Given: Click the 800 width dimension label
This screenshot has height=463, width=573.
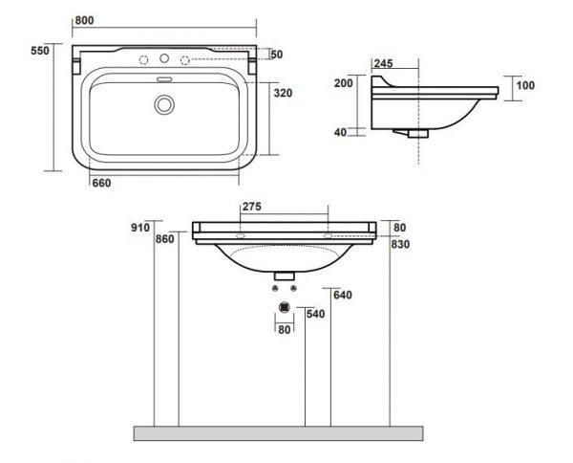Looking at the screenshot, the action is pos(84,20).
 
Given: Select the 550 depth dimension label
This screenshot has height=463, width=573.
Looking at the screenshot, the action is pos(40,51).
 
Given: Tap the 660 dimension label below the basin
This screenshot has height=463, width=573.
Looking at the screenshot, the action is pos(101,183).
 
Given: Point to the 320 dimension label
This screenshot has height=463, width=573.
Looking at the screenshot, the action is pos(284,93).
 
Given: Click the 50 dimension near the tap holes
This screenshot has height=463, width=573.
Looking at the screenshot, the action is pos(277,55).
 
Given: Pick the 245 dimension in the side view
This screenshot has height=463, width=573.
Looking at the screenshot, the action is pos(383,64).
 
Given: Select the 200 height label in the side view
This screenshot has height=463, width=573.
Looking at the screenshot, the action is pos(344,83).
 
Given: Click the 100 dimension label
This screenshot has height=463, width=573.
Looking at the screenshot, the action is pos(525,85).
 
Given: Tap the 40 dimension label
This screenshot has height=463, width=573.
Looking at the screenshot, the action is pos(340,132).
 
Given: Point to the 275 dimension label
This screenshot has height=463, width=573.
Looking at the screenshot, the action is pos(252,207).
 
